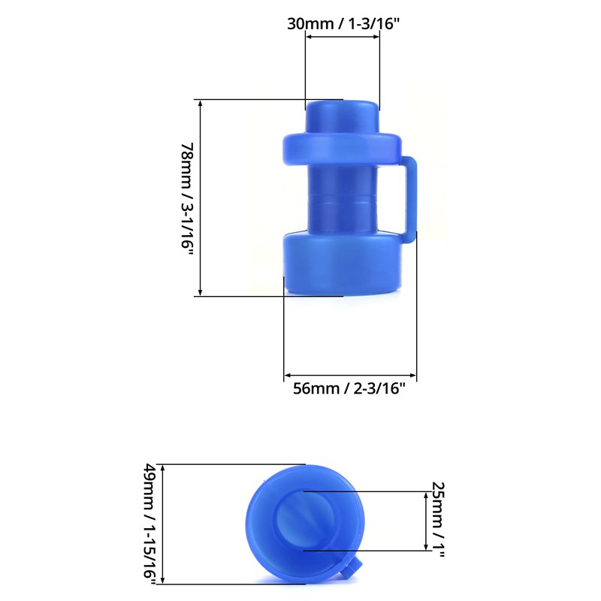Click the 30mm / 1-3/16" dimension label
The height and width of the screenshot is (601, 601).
tap(343, 23)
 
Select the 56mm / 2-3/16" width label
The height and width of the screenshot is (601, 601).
tap(349, 388)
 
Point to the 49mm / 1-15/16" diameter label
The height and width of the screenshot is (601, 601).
tap(150, 524)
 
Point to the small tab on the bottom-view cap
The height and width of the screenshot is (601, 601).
tap(350, 570)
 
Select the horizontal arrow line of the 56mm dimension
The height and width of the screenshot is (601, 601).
tap(349, 375)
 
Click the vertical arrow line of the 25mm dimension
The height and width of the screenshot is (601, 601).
tap(426, 521)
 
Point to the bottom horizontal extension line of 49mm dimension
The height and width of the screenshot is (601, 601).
tap(225, 583)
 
